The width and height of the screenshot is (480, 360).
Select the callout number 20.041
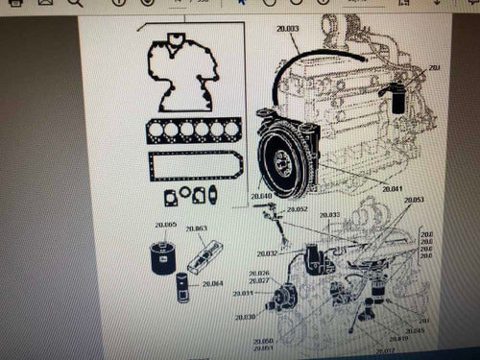pyautogui.click(x=390, y=189)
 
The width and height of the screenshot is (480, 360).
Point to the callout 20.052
pyautogui.click(x=297, y=209)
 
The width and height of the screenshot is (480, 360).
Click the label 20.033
pyautogui.click(x=329, y=214)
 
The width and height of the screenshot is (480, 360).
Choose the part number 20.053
pyautogui.click(x=414, y=200)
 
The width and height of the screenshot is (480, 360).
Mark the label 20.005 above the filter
pyautogui.click(x=165, y=225)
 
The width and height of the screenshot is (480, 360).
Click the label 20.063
pyautogui.click(x=196, y=228)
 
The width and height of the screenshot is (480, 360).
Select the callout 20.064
pyautogui.click(x=212, y=283)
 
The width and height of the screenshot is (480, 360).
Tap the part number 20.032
pyautogui.click(x=266, y=253)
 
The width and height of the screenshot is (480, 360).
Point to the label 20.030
pyautogui.click(x=245, y=317)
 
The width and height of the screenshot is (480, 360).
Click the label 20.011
pyautogui.click(x=243, y=293)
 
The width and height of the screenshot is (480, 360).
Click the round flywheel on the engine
pyautogui.click(x=283, y=157)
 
